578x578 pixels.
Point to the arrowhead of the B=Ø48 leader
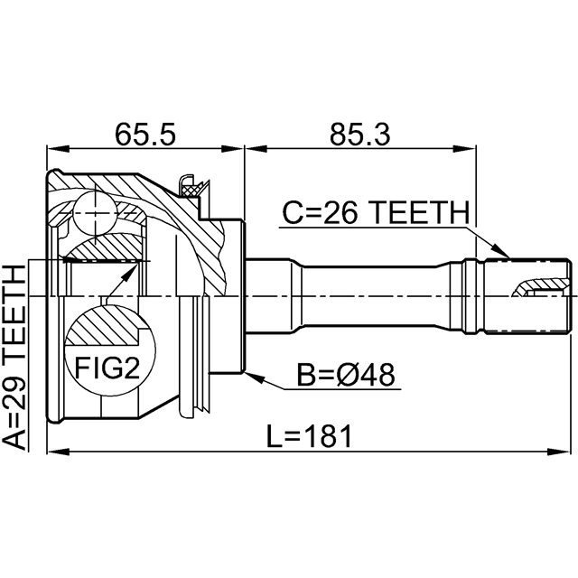point(251,371)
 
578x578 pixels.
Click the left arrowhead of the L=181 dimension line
point(51,452)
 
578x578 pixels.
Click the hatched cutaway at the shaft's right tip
point(532,287)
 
